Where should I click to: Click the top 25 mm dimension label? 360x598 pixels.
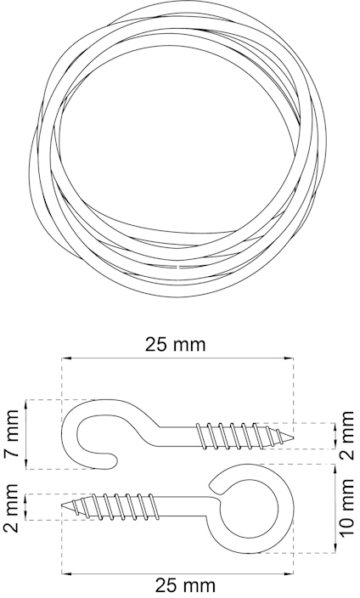[x=176, y=344]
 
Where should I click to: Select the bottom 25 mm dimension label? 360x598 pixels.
[x=185, y=585]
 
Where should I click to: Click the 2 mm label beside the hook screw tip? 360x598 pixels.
[x=347, y=435]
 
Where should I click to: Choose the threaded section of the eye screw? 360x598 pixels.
[x=115, y=506]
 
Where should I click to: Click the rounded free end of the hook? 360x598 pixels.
[x=112, y=462]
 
